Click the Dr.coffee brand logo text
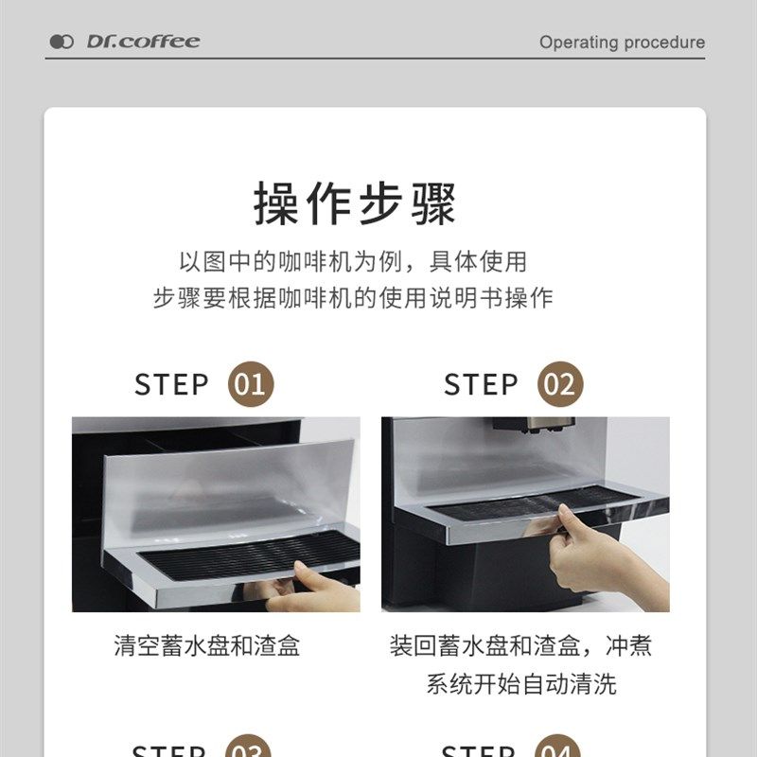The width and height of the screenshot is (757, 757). click(143, 42)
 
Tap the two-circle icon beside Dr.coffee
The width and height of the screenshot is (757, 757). click(62, 42)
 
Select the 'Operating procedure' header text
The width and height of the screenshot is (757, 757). click(622, 43)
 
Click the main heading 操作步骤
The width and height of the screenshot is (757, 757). click(355, 203)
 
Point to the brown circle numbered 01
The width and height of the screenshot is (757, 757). click(251, 385)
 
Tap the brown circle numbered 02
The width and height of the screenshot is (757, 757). click(560, 385)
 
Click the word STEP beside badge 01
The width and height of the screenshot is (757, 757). click(171, 385)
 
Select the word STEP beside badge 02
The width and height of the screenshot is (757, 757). click(481, 385)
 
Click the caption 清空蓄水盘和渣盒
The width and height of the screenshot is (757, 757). click(207, 646)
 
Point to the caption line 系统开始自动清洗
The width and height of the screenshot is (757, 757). click(521, 684)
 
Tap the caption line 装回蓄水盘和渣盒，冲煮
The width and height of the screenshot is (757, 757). click(521, 646)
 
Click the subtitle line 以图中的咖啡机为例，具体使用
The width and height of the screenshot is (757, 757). click(353, 260)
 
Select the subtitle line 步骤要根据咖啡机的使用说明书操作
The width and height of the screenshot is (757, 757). click(353, 298)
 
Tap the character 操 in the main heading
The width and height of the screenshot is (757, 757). click(276, 203)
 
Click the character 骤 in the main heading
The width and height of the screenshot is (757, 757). click(432, 203)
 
